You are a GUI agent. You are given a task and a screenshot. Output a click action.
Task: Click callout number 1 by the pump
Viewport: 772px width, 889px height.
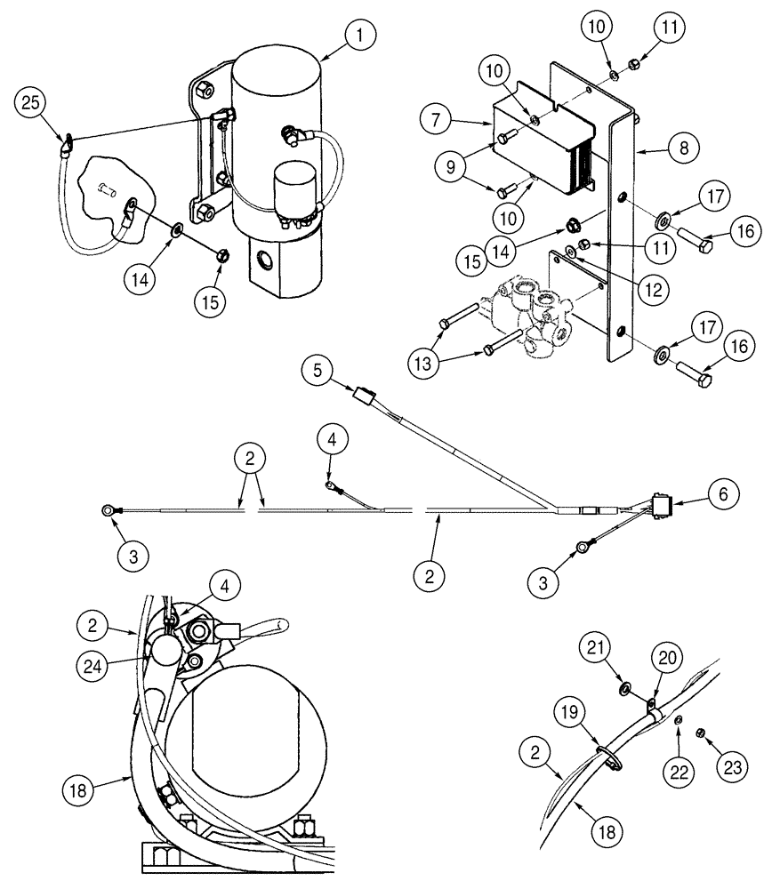[x=359, y=36]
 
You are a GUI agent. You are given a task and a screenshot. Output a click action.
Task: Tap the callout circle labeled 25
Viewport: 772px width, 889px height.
[x=31, y=104]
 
